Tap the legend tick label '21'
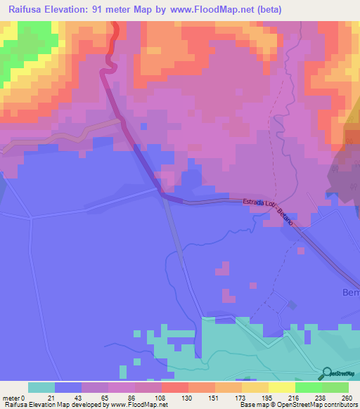[51, 398]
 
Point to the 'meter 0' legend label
[14, 398]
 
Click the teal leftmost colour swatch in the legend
[41, 387]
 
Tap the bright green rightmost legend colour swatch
[335, 387]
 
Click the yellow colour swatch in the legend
[282, 387]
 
